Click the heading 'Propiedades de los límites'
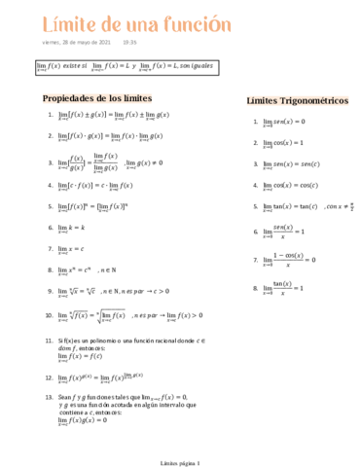pyautogui.click(x=97, y=99)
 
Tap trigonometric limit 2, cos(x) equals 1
pyautogui.click(x=283, y=143)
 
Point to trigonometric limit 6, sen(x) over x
pyautogui.click(x=283, y=232)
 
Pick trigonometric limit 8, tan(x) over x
pyautogui.click(x=283, y=289)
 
